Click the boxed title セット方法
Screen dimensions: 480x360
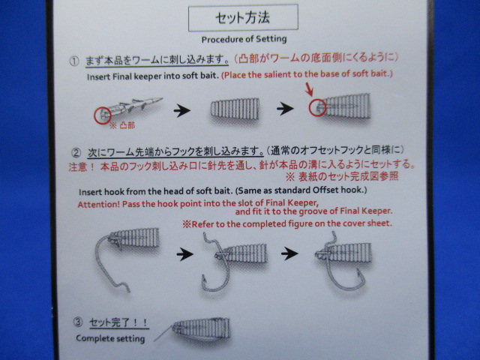(x=243, y=18)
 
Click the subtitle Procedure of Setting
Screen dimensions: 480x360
(x=244, y=39)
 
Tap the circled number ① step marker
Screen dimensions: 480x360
(x=74, y=61)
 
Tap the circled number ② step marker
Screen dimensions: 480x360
(x=76, y=153)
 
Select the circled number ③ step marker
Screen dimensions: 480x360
(x=78, y=322)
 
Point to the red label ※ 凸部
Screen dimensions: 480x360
(x=122, y=125)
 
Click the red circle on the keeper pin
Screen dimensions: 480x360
(x=102, y=115)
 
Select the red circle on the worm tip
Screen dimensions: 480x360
(x=317, y=107)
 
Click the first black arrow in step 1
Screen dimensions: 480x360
(x=182, y=110)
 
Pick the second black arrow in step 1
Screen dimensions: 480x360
(x=285, y=109)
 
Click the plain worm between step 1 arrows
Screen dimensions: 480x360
(x=235, y=109)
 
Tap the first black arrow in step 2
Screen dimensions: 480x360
(x=185, y=254)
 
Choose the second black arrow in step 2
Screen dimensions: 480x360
(x=289, y=253)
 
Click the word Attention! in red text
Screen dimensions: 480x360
(x=98, y=204)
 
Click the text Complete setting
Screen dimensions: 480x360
(x=110, y=338)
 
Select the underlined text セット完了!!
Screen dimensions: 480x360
(x=119, y=322)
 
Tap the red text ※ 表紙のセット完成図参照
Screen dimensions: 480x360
(x=342, y=177)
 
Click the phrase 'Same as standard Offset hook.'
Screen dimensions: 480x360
(x=301, y=190)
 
